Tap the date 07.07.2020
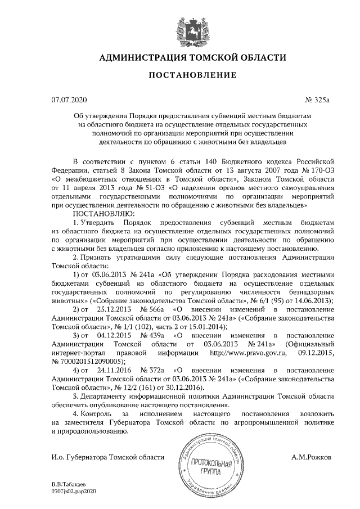click(x=69, y=101)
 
